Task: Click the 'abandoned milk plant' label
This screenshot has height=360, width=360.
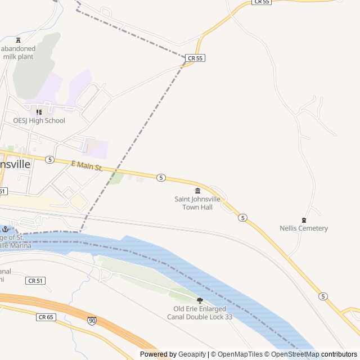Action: (18, 52)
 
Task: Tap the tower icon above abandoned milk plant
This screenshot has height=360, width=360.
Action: (19, 40)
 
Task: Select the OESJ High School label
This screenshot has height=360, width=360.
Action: (39, 120)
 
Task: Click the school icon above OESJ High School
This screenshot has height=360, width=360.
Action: (39, 112)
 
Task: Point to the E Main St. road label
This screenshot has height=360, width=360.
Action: (87, 166)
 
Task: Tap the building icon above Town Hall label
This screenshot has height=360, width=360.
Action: (197, 191)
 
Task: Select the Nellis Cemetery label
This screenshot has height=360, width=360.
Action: (304, 228)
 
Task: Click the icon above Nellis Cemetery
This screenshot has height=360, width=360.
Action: (304, 220)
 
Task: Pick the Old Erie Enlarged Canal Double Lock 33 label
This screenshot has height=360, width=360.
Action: (200, 313)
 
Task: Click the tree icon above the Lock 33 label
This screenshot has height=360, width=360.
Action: (200, 300)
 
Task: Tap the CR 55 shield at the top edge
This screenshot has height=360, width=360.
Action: (262, 2)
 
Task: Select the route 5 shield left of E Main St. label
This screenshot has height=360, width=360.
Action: (50, 160)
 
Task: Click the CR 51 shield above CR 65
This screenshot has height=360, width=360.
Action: (35, 280)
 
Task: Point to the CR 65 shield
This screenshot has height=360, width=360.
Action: (46, 317)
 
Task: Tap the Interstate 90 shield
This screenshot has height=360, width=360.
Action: (92, 321)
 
